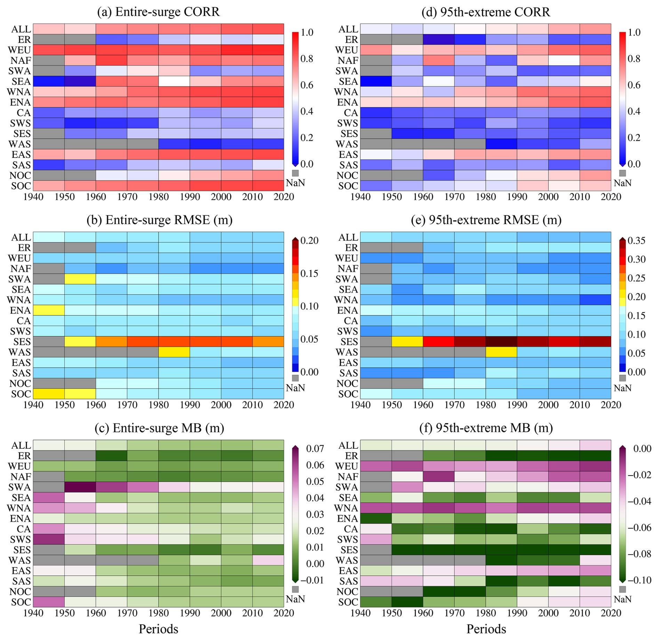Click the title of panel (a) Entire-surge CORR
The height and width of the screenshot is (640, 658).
[x=158, y=12]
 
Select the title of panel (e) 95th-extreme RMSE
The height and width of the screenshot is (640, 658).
[x=486, y=220]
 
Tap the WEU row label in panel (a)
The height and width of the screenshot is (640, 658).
[x=19, y=50]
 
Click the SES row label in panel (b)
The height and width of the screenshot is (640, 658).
[x=22, y=342]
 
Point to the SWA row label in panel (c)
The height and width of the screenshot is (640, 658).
[x=20, y=487]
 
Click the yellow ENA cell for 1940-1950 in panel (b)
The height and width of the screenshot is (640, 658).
[x=49, y=310]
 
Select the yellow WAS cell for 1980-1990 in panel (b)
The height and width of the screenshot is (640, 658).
[x=174, y=352]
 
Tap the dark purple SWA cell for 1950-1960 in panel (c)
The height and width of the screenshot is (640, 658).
[x=80, y=487]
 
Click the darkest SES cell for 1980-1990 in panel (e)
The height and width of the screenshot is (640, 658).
[x=501, y=342]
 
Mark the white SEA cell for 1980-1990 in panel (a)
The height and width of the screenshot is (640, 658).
[x=174, y=81]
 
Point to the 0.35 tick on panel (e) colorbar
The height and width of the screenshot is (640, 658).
[x=637, y=241]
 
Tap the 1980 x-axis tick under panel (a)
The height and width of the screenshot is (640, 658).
[x=159, y=197]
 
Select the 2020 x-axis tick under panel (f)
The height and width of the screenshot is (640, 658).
[x=611, y=613]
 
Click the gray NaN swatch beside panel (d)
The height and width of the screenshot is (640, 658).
[x=623, y=173]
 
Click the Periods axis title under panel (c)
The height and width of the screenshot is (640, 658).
[x=158, y=629]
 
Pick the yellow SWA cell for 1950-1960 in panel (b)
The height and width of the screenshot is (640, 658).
[x=80, y=279]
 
